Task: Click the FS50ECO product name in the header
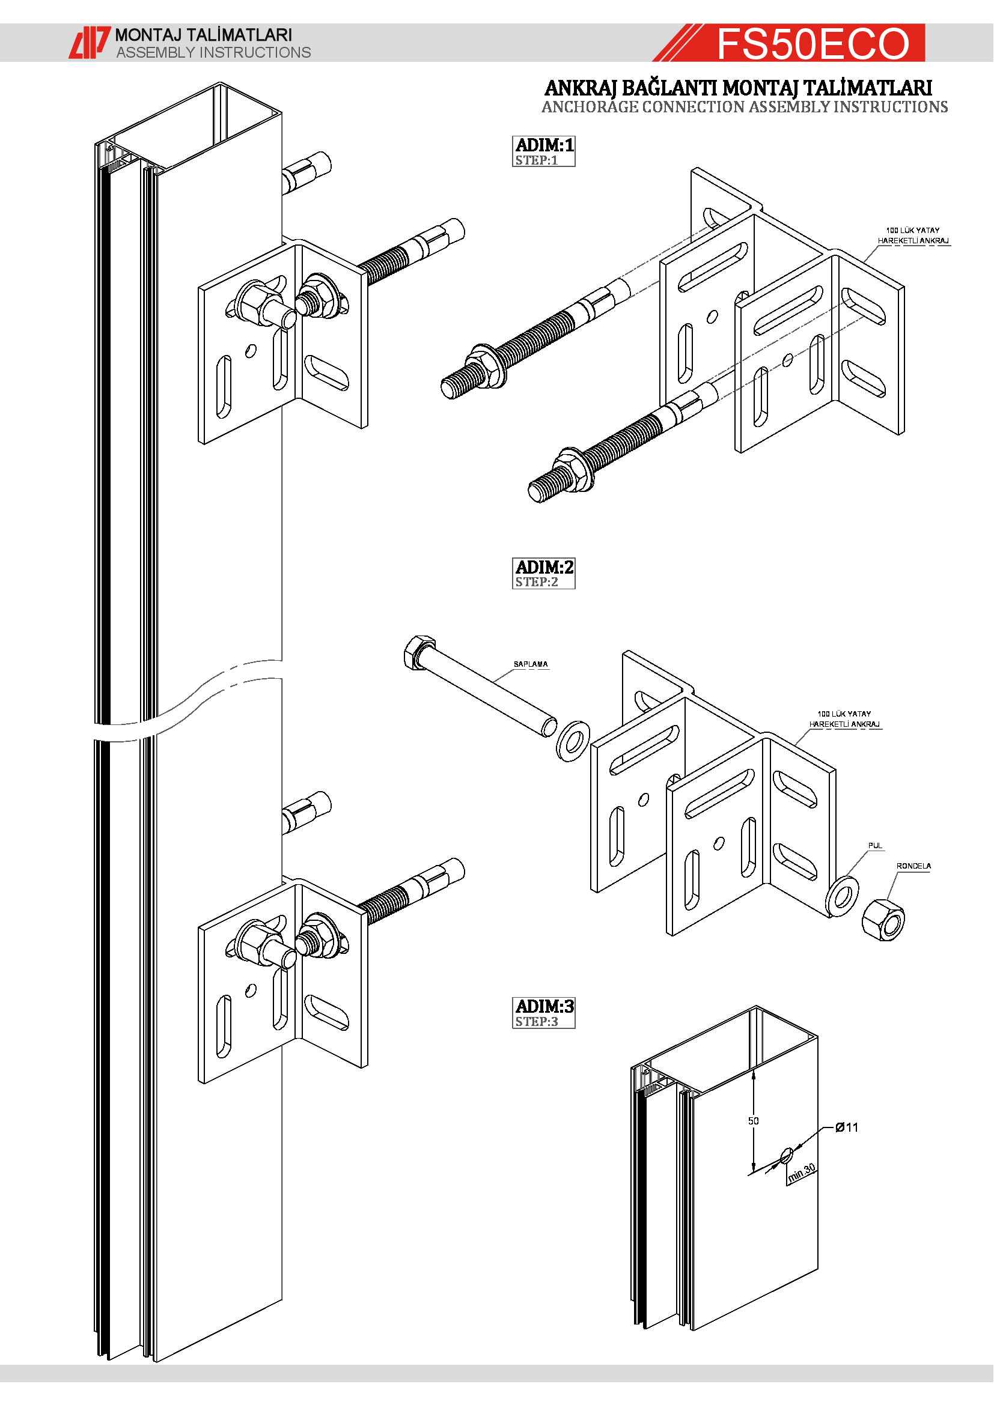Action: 813,43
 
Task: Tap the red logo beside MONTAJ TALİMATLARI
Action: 89,43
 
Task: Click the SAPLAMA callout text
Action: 530,664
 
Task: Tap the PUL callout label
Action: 874,845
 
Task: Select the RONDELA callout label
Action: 913,866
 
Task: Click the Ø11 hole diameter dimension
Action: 847,1127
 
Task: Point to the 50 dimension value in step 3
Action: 753,1120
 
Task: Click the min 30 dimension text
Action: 802,1173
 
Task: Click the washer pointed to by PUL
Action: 842,896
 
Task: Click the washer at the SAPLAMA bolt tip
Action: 573,742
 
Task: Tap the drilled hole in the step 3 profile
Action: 786,1155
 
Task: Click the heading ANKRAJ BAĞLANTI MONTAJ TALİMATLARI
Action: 737,88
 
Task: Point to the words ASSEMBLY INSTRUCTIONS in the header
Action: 213,53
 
